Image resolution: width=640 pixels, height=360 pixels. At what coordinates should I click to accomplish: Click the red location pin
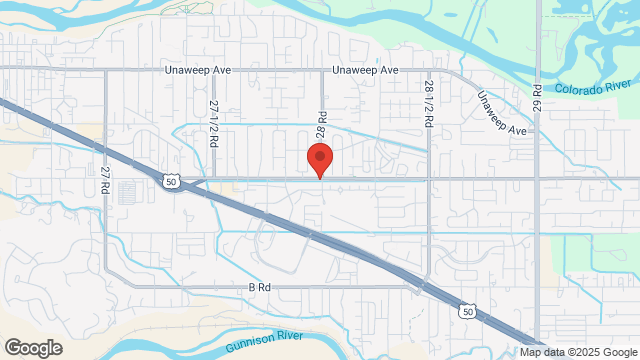pos(319,159)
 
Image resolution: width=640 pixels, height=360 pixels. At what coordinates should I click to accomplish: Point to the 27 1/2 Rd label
pos(214,123)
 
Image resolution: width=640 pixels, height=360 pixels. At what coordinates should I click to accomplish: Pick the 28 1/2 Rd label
pos(428,103)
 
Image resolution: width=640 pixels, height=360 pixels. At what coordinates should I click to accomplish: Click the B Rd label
pos(260,287)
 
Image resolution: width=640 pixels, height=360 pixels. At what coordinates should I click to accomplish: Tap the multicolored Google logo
pos(32,348)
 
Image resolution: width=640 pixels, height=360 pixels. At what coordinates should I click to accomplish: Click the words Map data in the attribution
pos(540,352)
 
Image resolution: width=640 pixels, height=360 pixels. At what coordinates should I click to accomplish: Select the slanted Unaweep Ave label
pos(501,114)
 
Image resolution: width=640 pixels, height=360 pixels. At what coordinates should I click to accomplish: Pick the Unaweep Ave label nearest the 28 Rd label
pos(365,71)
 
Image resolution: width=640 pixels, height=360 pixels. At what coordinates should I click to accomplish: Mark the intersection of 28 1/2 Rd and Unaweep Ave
pos(428,70)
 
